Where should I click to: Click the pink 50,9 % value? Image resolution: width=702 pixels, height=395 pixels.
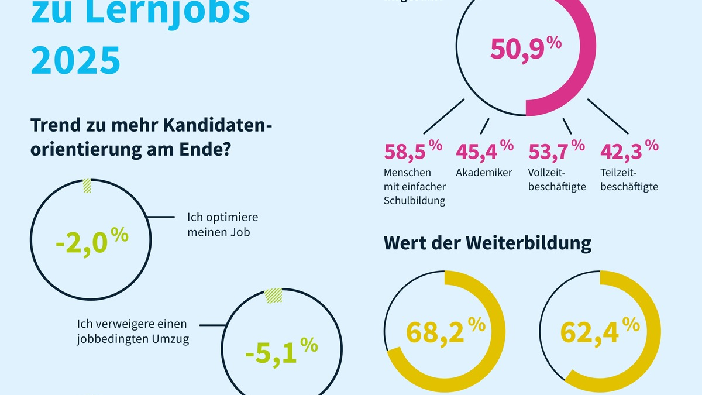[525, 50]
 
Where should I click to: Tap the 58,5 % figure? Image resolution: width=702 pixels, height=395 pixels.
[413, 152]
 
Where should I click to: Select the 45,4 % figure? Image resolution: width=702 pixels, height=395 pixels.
[484, 152]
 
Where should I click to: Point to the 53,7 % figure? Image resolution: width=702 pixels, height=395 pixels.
[556, 152]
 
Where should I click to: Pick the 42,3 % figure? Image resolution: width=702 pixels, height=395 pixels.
[629, 152]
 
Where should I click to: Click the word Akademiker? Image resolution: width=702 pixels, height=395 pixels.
[484, 173]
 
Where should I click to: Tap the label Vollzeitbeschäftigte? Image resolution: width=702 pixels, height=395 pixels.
[556, 180]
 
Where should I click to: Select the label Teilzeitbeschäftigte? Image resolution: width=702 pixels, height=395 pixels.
[629, 180]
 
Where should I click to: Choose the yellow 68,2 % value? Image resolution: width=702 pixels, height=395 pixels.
[445, 331]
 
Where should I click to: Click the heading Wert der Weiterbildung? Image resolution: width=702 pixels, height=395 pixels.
[487, 243]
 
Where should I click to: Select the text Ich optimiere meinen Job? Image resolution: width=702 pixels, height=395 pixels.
[222, 224]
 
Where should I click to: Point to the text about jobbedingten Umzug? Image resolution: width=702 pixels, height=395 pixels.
[133, 331]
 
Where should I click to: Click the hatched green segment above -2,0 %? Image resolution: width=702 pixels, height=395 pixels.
[87, 186]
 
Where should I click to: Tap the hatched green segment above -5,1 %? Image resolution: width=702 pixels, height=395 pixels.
[273, 296]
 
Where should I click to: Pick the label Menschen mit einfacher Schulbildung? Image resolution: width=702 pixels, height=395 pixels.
[415, 187]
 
